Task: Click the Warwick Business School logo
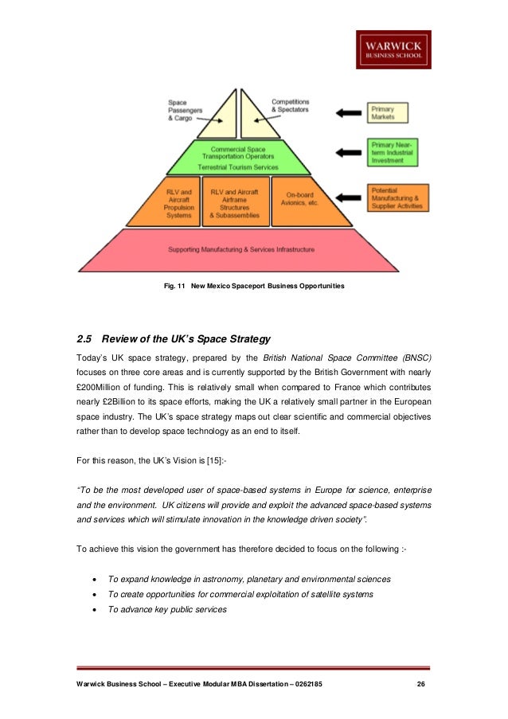click(393, 49)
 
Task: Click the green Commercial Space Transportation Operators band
click(239, 157)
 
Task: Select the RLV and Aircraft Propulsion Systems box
click(178, 203)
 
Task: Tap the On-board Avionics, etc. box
click(299, 203)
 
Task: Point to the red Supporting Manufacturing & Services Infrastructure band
click(240, 249)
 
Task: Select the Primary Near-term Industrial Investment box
click(393, 152)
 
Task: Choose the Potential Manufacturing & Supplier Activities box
click(398, 199)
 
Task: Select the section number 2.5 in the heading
click(85, 338)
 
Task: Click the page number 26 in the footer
click(421, 685)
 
